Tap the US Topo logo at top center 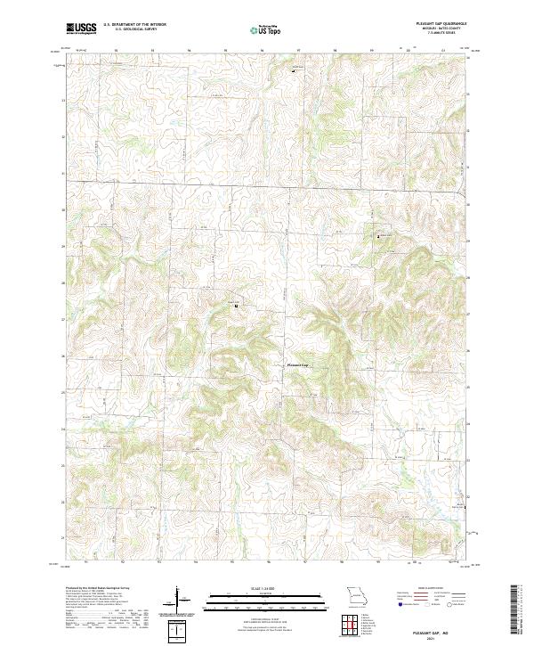click(x=266, y=29)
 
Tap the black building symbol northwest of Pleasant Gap click(x=236, y=306)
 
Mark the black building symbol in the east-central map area click(x=380, y=236)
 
